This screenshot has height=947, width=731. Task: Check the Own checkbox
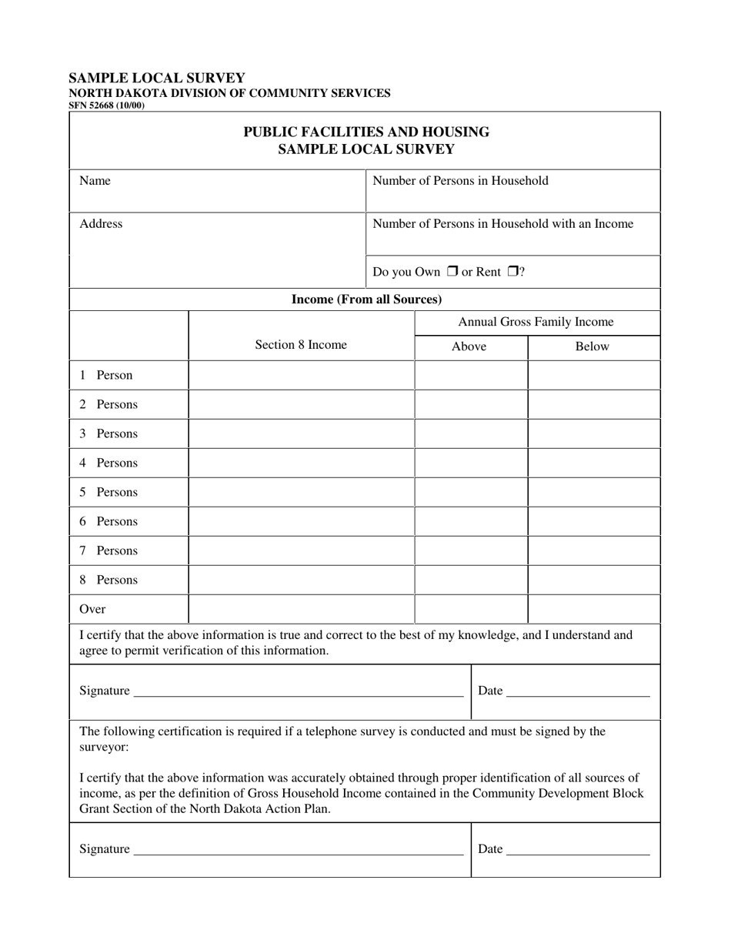tap(452, 272)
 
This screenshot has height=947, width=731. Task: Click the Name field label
tap(95, 181)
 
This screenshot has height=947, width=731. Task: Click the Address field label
tap(101, 224)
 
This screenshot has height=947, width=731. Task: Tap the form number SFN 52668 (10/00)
tap(106, 105)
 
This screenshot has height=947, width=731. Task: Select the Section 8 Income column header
tap(301, 345)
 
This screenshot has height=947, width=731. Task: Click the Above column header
tap(469, 346)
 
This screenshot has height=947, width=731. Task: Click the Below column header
tap(592, 346)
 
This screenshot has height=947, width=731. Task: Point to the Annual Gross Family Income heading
tap(536, 322)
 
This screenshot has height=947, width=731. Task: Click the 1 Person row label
tap(106, 376)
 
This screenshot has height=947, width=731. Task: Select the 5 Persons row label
tap(108, 493)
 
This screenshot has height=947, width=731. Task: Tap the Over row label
tap(92, 609)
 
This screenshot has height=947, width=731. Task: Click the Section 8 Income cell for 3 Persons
tap(301, 434)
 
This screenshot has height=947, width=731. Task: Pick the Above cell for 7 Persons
tap(471, 551)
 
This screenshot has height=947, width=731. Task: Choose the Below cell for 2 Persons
tap(593, 405)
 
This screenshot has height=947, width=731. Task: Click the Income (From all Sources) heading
tap(365, 299)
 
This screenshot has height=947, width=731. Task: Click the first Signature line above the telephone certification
tap(299, 691)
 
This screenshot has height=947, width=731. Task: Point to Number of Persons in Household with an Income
tap(502, 224)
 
